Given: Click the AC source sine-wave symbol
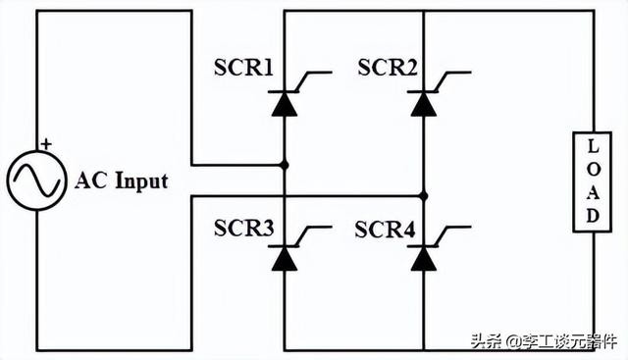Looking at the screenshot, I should pyautogui.click(x=36, y=180).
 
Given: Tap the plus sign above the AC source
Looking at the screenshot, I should pyautogui.click(x=45, y=144).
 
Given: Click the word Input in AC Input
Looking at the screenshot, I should pyautogui.click(x=137, y=180).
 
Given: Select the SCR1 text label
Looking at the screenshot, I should pyautogui.click(x=243, y=69).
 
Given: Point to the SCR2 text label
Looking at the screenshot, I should pyautogui.click(x=386, y=69).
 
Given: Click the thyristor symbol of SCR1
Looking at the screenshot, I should pyautogui.click(x=285, y=101).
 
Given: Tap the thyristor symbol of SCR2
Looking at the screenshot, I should pyautogui.click(x=424, y=101).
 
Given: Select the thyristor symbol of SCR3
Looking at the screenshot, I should pyautogui.click(x=285, y=258).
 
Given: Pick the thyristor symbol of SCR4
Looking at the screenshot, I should pyautogui.click(x=424, y=258).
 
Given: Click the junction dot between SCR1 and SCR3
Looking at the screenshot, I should pyautogui.click(x=285, y=165).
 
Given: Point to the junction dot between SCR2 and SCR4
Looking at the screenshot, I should pyautogui.click(x=424, y=195).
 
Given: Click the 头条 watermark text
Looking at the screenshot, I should pyautogui.click(x=485, y=341).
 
